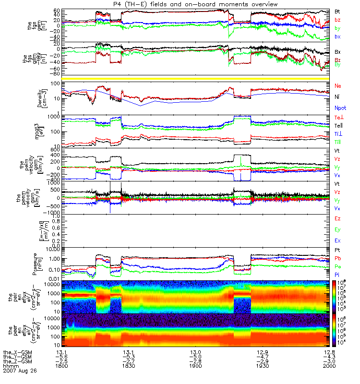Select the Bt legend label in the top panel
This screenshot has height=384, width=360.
tap(337, 11)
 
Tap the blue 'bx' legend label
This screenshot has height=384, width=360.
tap(337, 36)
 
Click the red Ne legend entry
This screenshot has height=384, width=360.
tap(338, 86)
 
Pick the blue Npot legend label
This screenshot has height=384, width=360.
tap(340, 109)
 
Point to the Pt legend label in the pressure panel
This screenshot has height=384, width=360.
tap(337, 251)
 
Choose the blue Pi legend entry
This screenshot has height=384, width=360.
tap(337, 274)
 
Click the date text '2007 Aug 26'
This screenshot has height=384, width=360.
tap(20, 371)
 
